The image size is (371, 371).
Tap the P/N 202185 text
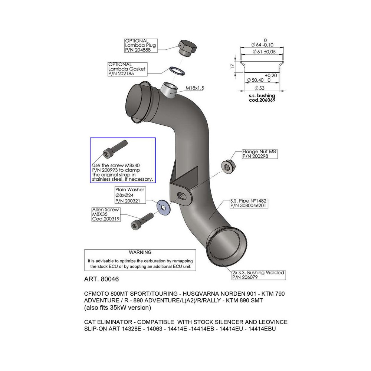click(121, 74)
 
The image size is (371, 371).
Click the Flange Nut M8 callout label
click(260, 151)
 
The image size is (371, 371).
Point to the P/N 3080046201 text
click(247, 205)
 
